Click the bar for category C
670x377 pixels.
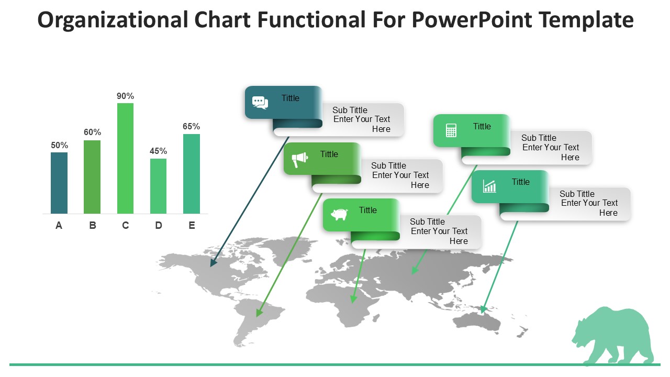125,158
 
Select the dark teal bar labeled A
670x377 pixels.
59,183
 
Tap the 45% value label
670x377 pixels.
158,151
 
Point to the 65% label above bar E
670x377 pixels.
192,126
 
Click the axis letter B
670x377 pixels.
93,225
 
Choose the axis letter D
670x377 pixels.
159,225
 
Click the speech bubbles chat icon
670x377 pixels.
260,103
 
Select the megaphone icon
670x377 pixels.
300,160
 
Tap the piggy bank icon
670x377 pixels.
339,214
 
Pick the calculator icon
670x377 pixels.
451,130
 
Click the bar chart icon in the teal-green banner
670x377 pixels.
489,186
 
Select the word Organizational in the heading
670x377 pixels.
113,20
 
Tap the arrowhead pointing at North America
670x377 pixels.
213,262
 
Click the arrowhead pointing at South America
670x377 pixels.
259,313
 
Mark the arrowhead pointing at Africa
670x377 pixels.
353,299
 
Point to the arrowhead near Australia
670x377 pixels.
483,309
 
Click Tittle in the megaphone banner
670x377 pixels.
329,154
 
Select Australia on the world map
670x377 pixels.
477,324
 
